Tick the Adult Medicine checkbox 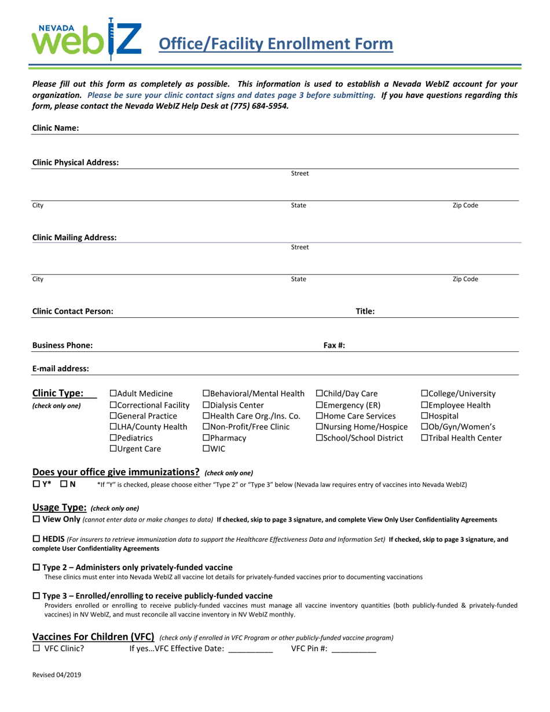(x=113, y=394)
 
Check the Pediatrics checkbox (x=113, y=438)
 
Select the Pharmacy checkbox (x=206, y=438)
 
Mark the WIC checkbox (x=206, y=449)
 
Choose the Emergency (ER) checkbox (x=319, y=405)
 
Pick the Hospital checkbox (x=424, y=416)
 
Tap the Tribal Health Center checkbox (x=424, y=438)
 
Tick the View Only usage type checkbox (x=36, y=519)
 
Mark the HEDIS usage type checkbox (x=36, y=539)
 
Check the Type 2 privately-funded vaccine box (x=36, y=567)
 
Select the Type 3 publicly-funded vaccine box (x=36, y=596)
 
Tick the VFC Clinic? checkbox (x=36, y=649)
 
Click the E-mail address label (x=61, y=368)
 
